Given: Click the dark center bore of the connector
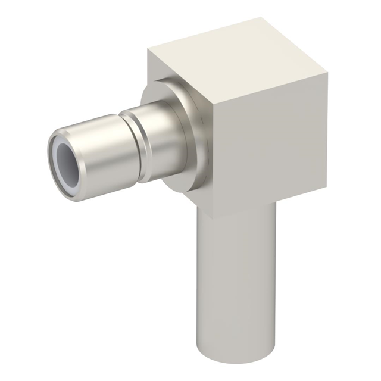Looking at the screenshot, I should click(66, 163).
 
